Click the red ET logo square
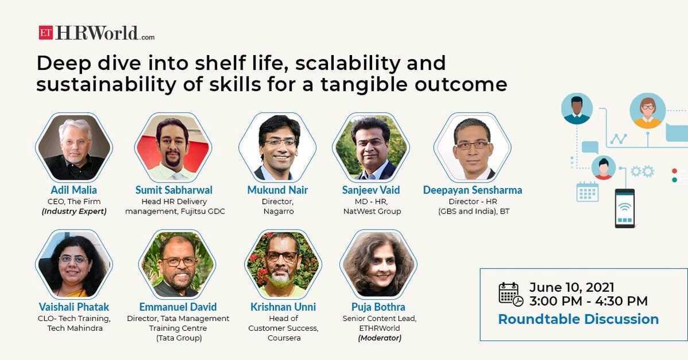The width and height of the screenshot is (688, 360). [x=45, y=33]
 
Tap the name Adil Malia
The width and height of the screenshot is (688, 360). [x=74, y=190]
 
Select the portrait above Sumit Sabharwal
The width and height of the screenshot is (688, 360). [x=173, y=147]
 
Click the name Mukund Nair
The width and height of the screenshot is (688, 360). [x=278, y=190]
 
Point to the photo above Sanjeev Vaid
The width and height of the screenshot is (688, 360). [x=371, y=147]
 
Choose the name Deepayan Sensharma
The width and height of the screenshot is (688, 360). [x=473, y=190]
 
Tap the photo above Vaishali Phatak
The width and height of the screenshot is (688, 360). [x=74, y=264]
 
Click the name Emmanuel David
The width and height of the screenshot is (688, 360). [x=177, y=307]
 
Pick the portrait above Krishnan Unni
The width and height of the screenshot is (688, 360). [x=283, y=264]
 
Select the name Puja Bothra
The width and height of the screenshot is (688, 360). [x=378, y=307]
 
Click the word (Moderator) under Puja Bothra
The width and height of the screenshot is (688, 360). [x=380, y=338]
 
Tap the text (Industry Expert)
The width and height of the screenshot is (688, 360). [x=74, y=211]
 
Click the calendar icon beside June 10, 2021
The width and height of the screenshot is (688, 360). [x=511, y=294]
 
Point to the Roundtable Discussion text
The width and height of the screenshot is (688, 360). [x=578, y=319]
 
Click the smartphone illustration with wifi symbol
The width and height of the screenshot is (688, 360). [x=625, y=208]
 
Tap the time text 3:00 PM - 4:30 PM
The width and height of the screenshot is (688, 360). [x=589, y=301]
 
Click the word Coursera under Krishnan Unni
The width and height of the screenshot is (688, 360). [x=284, y=338]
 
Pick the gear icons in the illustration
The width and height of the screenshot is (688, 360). [x=643, y=171]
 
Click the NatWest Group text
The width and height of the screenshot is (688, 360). [x=372, y=211]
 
